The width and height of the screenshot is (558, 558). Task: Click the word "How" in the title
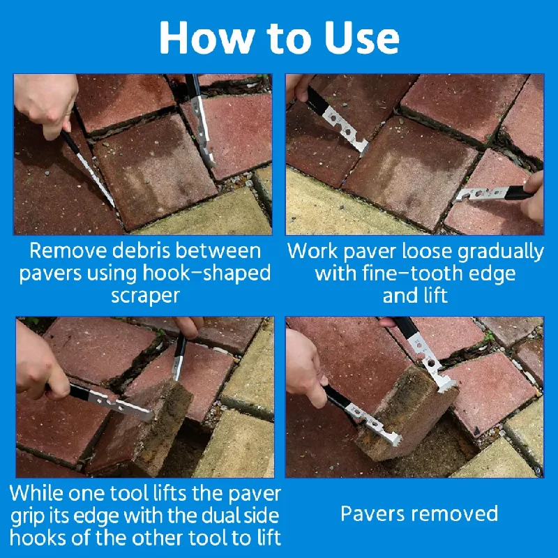[206, 38]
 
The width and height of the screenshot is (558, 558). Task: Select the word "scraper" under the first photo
[145, 296]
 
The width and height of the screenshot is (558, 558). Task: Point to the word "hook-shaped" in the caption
[206, 273]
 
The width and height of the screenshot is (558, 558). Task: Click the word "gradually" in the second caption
[501, 252]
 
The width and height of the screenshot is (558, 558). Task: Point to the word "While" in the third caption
[37, 493]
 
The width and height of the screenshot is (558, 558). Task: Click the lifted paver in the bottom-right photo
[406, 414]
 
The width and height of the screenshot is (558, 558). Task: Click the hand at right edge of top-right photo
[534, 197]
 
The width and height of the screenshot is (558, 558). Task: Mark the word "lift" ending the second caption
[432, 295]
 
